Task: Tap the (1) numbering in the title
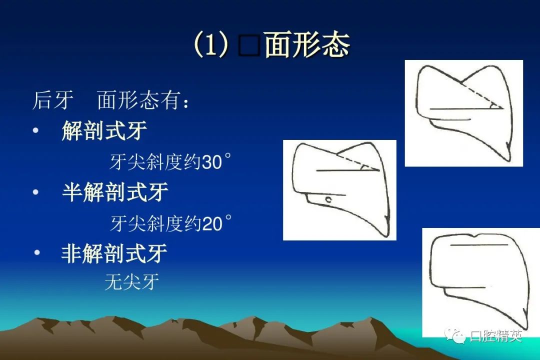(x=210, y=45)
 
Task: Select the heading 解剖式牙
(x=104, y=130)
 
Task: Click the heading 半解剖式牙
(x=115, y=192)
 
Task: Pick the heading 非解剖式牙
(x=114, y=253)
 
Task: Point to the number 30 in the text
(x=212, y=162)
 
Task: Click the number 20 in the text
(x=212, y=224)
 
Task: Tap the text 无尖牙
(x=132, y=282)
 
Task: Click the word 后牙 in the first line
(x=52, y=100)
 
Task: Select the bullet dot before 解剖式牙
(x=35, y=130)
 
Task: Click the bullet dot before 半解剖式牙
(x=35, y=192)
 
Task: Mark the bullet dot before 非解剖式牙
(x=37, y=252)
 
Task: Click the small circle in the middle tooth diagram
(x=329, y=199)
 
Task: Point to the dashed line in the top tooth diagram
(x=481, y=95)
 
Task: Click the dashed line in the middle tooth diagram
(x=358, y=163)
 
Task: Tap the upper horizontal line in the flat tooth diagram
(x=479, y=245)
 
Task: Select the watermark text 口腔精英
(x=496, y=335)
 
